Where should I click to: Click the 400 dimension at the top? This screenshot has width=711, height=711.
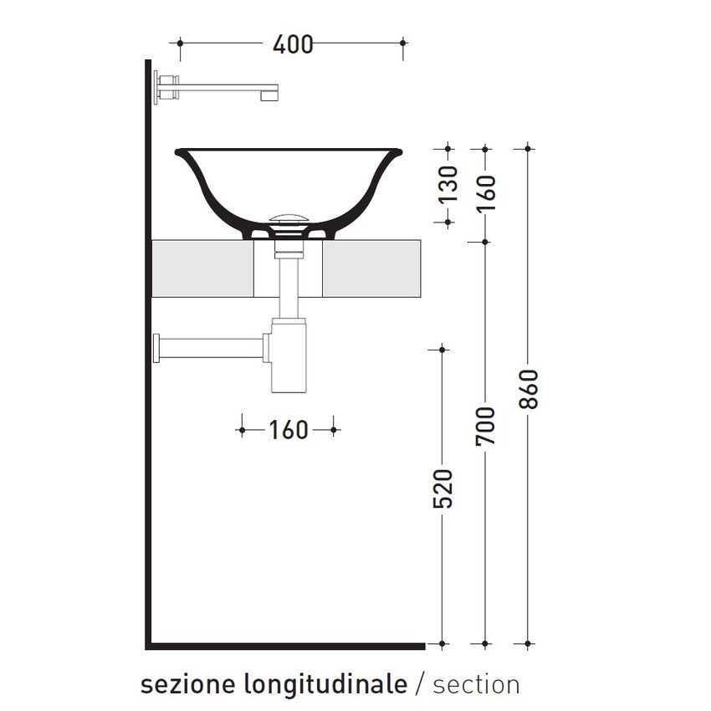coord(293,43)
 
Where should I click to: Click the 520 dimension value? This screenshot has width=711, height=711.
coord(444,488)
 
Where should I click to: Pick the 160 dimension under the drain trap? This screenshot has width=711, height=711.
coord(289,430)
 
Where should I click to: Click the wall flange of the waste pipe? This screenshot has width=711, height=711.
coord(156,346)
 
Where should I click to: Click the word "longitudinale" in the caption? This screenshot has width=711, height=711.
coord(324,685)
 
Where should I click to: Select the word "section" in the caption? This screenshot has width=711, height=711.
coord(476,684)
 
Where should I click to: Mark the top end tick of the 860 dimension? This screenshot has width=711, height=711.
coord(527,149)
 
